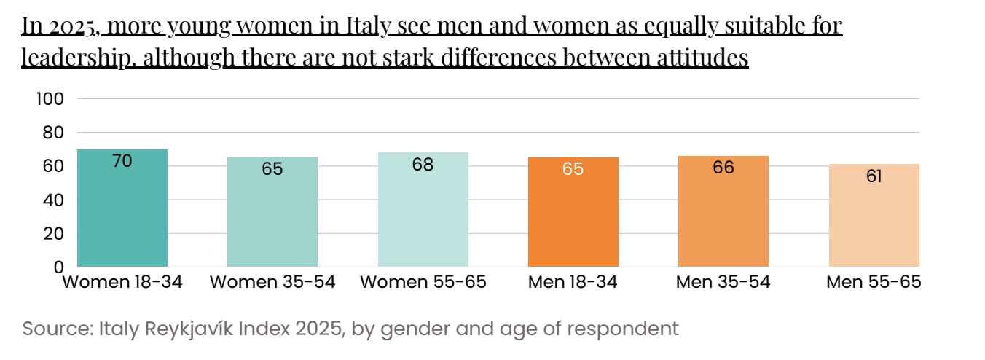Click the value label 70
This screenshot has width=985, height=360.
pos(122,161)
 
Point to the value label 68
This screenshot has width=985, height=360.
pos(423,165)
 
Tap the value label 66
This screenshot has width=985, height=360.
pos(723,168)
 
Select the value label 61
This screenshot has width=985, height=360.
pos(874,176)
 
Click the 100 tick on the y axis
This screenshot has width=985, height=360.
pos(50,99)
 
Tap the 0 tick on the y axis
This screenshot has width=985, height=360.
pos(59,267)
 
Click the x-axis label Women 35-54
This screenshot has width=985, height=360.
pos(272,282)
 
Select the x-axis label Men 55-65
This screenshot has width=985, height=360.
pos(874,282)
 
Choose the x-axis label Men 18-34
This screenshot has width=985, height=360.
pos(573,282)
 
